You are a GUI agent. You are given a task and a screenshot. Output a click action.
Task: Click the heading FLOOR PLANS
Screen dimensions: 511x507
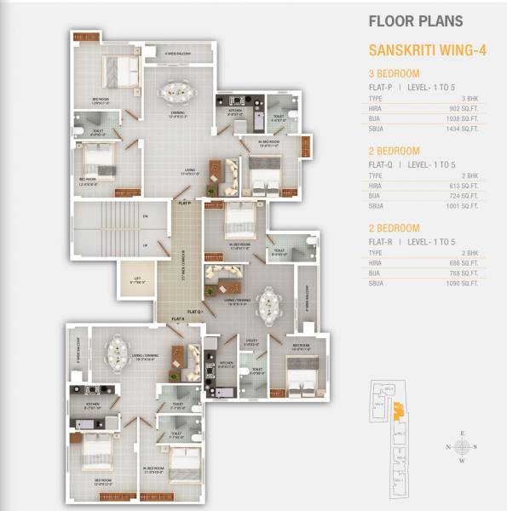coord(414,20)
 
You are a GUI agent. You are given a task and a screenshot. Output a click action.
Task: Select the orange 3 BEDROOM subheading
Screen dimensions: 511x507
coord(395,73)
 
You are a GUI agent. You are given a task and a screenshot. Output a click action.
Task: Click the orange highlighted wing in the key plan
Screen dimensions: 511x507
coord(397,414)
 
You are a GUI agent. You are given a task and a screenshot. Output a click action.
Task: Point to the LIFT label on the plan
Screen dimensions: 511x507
coord(136,278)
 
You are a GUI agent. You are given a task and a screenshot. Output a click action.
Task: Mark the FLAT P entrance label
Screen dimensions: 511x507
coord(184,204)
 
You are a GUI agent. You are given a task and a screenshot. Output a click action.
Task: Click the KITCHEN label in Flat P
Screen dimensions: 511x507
coord(235,111)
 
